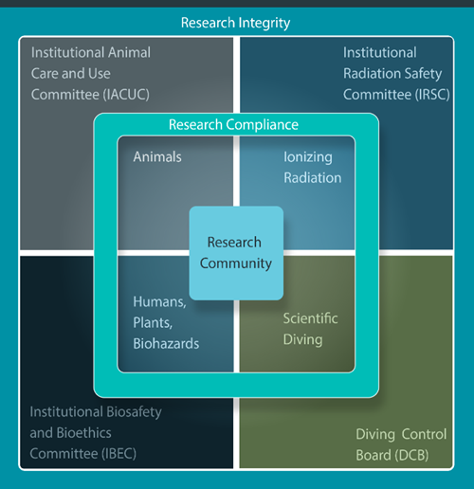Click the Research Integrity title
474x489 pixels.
[x=235, y=22]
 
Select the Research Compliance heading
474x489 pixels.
[x=233, y=124]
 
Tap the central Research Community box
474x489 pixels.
[x=236, y=253]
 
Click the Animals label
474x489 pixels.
[x=156, y=157]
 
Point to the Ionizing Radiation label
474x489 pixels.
[x=312, y=167]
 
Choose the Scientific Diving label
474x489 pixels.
[x=310, y=329]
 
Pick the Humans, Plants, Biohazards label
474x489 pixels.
[x=166, y=323]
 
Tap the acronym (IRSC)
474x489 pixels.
[x=426, y=94]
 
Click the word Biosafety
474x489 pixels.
[x=133, y=412]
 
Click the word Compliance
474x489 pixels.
[x=262, y=124]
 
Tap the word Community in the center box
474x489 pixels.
[x=236, y=263]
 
